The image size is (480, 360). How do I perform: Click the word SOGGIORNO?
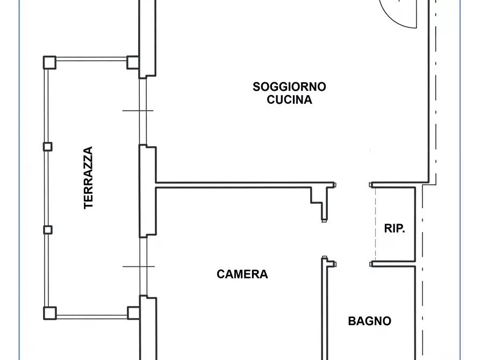pos(289,87)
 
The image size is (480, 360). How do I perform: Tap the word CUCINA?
pos(289,100)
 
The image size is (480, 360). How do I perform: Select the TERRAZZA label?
pos(88,178)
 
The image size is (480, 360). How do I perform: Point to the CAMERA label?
pos(242,274)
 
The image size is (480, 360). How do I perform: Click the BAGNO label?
pos(369,321)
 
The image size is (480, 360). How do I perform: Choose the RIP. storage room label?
pos(395,228)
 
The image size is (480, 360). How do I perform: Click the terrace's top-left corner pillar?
pos(49,62)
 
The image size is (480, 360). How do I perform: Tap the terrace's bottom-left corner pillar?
pos(50,313)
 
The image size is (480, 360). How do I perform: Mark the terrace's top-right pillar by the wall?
pos(133,62)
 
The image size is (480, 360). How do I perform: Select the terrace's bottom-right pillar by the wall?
pos(133,313)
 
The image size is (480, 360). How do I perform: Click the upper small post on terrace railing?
pos(47,147)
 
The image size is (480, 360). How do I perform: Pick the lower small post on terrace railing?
pos(48,230)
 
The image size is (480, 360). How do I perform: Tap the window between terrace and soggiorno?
pos(142,111)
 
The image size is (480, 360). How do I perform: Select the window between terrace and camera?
pos(144,267)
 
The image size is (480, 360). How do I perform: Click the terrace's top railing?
pos(91,59)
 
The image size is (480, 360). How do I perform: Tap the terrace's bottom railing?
pos(92,317)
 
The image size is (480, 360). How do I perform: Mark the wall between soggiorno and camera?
pos(245,185)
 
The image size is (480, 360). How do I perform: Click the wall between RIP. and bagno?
pos(393,264)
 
